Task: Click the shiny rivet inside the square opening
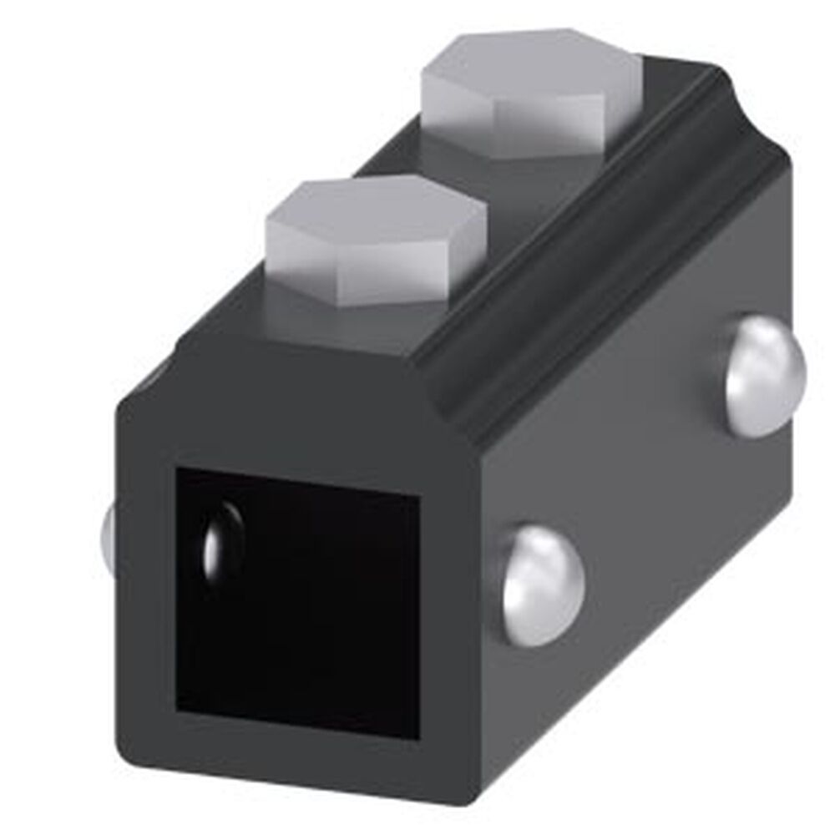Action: coord(222,543)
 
